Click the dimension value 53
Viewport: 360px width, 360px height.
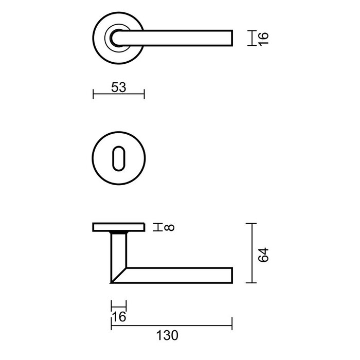(119, 87)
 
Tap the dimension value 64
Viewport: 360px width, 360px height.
(263, 255)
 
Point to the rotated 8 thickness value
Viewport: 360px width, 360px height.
(171, 227)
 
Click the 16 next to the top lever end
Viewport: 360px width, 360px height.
(263, 38)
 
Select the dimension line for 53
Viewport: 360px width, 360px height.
(119, 94)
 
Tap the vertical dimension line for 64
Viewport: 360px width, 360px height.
(250, 253)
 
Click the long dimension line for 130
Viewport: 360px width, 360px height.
(171, 325)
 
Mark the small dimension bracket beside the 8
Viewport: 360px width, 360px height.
(159, 227)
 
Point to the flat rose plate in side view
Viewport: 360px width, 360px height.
(119, 227)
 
